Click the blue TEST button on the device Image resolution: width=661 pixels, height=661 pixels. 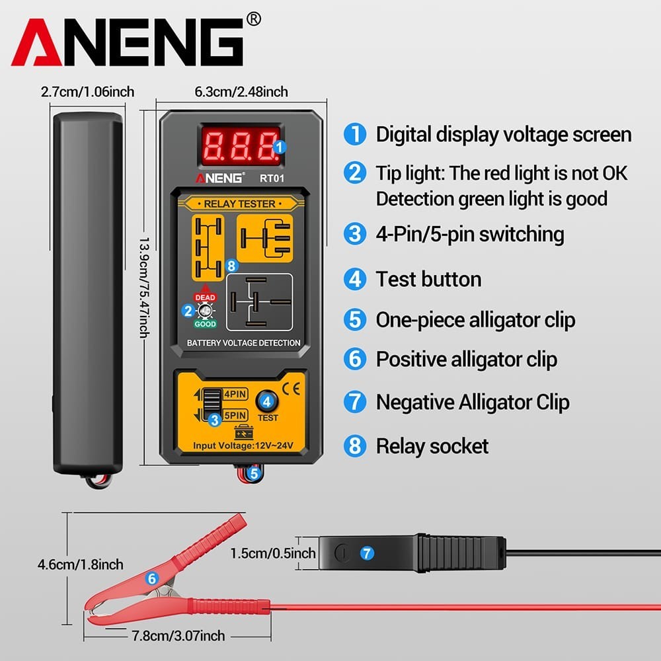pos(267,401)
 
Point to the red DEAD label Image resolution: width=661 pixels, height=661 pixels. pos(205,298)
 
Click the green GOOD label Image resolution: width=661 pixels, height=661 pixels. pos(205,325)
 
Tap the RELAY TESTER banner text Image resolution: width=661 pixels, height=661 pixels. pos(239,204)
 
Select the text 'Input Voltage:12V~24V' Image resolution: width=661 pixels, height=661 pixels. pos(242,447)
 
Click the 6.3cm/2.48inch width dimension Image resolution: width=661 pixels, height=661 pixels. pos(241,92)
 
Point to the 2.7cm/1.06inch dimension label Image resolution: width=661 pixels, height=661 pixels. pos(88,92)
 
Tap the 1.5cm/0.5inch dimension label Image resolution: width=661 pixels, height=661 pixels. pos(273,552)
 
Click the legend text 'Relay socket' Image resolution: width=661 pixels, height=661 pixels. pos(432,446)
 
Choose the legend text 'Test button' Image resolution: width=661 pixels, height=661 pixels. pos(428,279)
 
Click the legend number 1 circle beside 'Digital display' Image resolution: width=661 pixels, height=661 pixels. pos(355,135)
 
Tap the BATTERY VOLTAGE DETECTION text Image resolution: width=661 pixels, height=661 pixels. pos(243,343)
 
